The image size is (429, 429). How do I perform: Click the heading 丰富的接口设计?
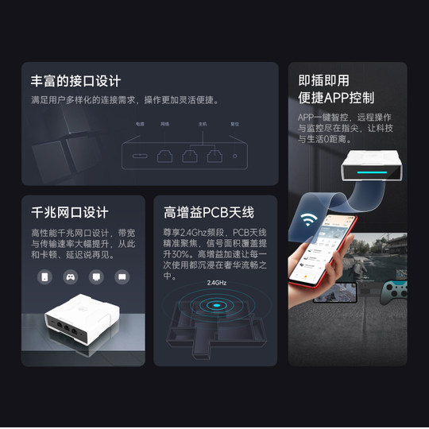[75, 81]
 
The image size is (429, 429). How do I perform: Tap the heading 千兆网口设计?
[69, 213]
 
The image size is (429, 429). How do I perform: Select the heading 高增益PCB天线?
[208, 213]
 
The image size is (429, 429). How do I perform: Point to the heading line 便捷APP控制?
[336, 99]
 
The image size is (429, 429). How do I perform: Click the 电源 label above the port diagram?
[139, 125]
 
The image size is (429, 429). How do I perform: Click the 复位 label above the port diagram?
[234, 125]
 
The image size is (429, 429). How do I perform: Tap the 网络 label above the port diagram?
[164, 125]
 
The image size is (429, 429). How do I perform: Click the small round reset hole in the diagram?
[234, 154]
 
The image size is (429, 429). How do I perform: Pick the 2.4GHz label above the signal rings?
[217, 283]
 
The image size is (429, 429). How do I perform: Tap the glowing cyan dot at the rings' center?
[216, 304]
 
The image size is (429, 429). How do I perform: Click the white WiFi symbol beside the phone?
[310, 221]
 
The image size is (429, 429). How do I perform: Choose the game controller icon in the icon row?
[70, 277]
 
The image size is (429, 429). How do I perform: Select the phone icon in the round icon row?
[45, 277]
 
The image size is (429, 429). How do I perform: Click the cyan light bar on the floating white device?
[369, 170]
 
